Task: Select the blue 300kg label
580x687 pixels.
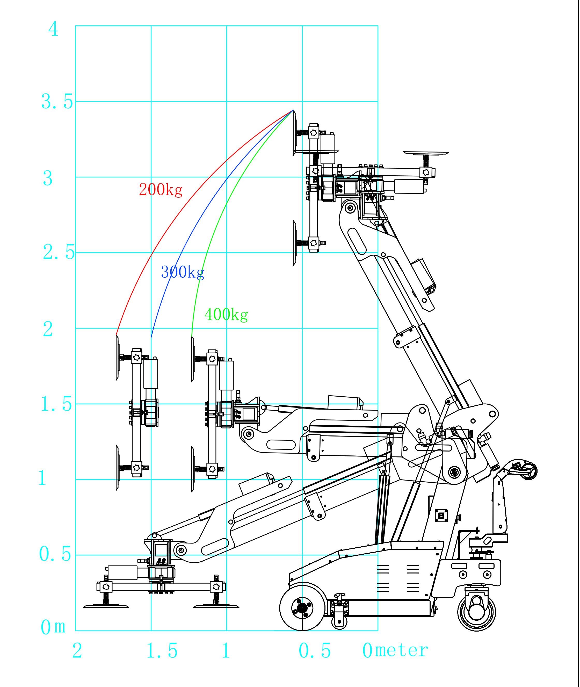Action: pos(183,272)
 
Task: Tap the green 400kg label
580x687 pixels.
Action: pos(226,315)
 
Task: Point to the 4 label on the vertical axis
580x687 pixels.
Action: pos(53,29)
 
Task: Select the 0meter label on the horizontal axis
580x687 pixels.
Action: pos(395,650)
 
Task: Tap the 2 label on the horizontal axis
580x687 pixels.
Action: pos(77,650)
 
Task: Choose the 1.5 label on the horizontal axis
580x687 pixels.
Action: pos(162,650)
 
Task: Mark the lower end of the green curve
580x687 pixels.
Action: pos(192,337)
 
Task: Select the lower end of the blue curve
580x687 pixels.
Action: pos(151,337)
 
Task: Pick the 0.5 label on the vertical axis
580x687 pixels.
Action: pos(55,554)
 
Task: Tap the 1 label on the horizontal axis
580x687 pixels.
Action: pos(226,650)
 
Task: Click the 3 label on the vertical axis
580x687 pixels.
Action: pos(48,178)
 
